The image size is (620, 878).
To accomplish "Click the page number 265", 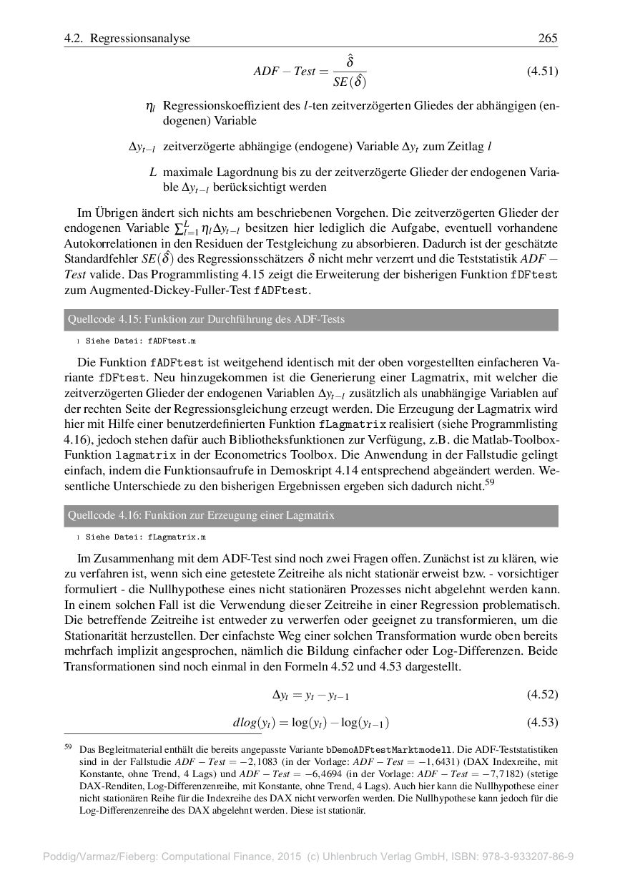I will [x=548, y=39].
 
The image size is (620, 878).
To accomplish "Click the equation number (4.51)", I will [x=542, y=72].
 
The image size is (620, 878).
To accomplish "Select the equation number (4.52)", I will [x=542, y=695].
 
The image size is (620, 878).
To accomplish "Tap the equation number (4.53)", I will [x=542, y=722].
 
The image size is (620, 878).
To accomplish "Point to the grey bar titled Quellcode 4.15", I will [x=311, y=319].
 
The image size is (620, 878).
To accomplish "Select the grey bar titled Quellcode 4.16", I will [x=311, y=515].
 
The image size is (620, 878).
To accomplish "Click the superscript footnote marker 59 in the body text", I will [x=489, y=483].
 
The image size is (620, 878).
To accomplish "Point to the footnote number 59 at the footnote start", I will [x=69, y=746].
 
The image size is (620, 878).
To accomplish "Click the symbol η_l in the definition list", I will [x=150, y=107].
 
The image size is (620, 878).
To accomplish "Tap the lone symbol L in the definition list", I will [x=153, y=172].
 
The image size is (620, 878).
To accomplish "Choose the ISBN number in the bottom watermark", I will [x=529, y=857].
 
